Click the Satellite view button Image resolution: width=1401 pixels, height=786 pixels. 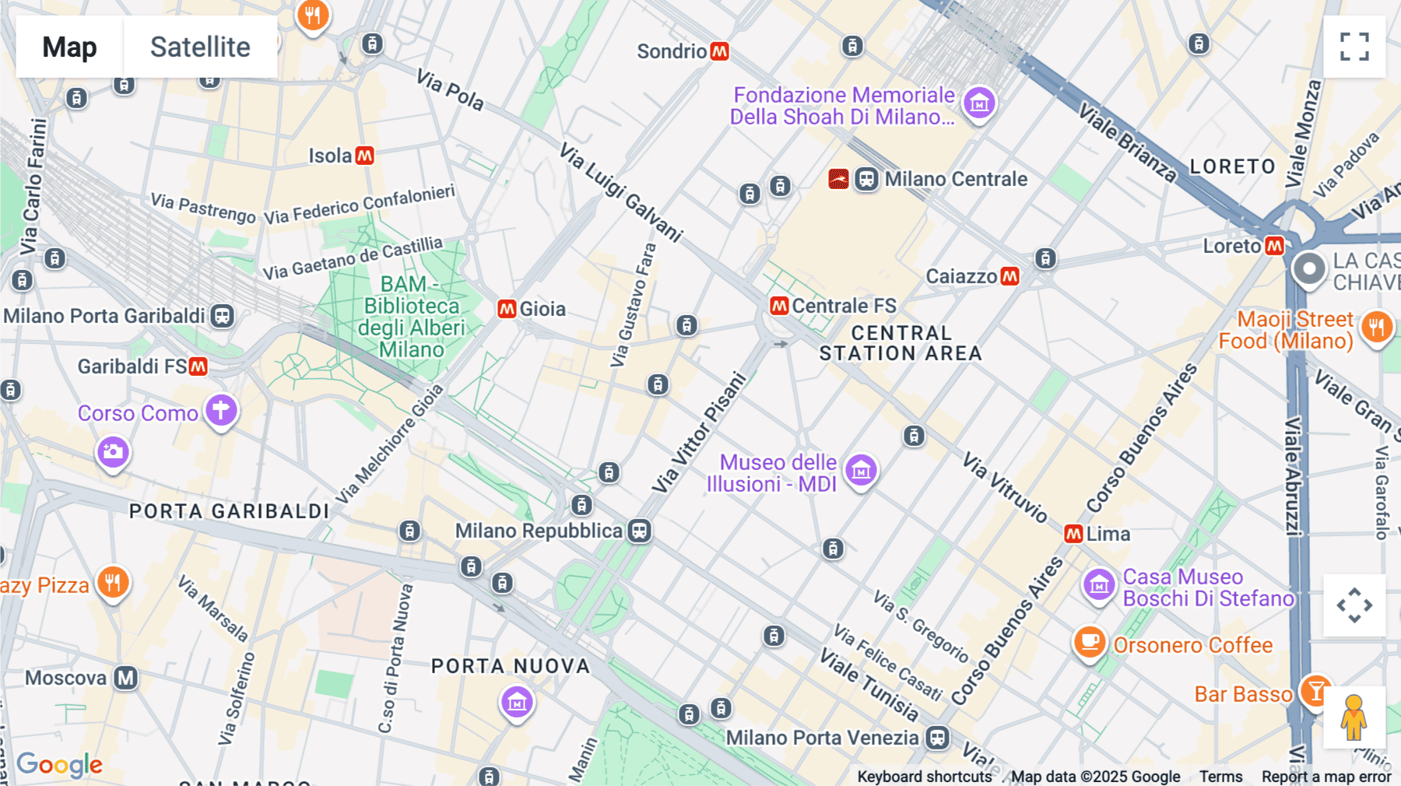click(200, 47)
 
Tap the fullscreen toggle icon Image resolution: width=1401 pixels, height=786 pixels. click(1354, 47)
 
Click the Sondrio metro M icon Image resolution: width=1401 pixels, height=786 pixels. click(720, 51)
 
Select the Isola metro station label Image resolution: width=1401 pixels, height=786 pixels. click(330, 156)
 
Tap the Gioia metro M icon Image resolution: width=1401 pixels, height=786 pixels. click(507, 309)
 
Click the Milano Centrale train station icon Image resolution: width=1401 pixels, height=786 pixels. click(866, 179)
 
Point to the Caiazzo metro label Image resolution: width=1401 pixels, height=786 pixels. click(961, 276)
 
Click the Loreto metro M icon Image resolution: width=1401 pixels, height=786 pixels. click(1274, 246)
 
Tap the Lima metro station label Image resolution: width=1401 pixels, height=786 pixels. click(1108, 534)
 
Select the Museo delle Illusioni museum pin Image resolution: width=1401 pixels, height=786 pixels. click(861, 470)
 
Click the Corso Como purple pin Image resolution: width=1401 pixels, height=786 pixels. click(221, 409)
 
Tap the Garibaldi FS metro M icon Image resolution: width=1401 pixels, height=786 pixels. click(198, 366)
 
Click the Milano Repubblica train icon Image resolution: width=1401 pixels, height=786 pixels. click(640, 531)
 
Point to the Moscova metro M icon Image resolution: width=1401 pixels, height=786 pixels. click(125, 678)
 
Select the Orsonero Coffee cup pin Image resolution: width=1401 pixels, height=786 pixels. click(1090, 643)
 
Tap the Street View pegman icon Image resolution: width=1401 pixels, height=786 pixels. click(1354, 718)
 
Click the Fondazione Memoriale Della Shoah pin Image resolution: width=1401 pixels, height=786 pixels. click(979, 103)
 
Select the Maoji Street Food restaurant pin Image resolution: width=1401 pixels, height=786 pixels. click(1376, 327)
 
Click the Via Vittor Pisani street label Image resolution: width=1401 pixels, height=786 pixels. click(698, 433)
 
